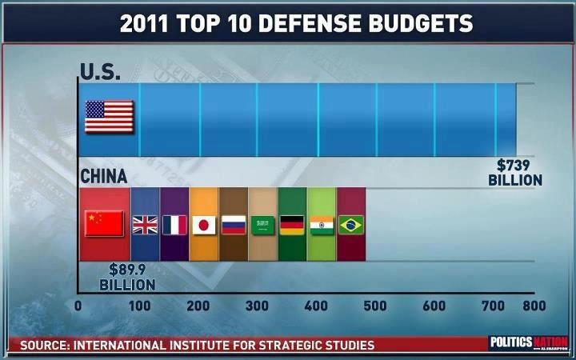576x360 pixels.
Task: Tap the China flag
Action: tap(104, 223)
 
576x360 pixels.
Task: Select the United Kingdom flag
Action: tap(145, 224)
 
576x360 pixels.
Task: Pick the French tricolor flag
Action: tap(174, 224)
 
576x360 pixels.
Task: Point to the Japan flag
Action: tap(203, 225)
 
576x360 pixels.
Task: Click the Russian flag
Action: tap(233, 225)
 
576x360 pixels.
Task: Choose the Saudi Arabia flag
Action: tap(262, 225)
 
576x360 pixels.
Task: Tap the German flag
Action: tap(292, 225)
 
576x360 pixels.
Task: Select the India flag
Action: tap(322, 225)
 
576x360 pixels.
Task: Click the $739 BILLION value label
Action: tap(515, 173)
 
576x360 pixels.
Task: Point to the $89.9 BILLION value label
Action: tap(127, 277)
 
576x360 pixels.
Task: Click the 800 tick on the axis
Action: tap(534, 306)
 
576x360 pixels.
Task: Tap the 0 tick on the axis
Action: tap(78, 306)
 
